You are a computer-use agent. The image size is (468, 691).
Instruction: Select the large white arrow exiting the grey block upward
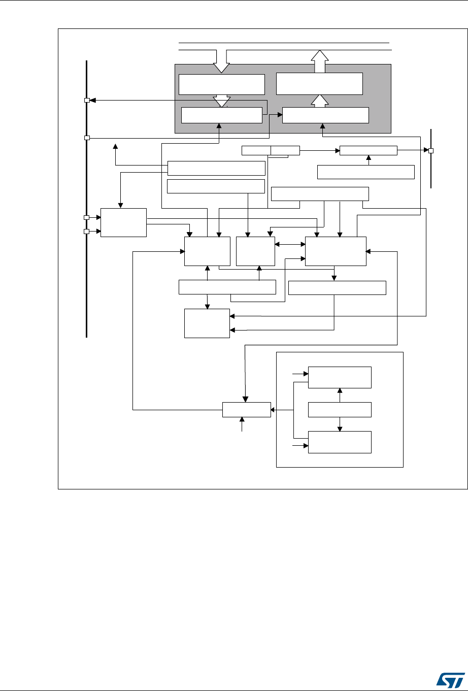(x=320, y=61)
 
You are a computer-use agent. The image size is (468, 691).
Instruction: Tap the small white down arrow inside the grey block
(x=221, y=101)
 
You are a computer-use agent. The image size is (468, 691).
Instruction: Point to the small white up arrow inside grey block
(x=320, y=101)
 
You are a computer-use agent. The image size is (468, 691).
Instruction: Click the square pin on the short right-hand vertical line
(x=431, y=150)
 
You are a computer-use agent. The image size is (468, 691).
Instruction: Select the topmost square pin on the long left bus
(x=87, y=101)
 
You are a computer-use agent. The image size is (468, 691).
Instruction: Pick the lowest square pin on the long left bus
(x=87, y=232)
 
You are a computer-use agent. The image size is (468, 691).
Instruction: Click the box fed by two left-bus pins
(x=123, y=222)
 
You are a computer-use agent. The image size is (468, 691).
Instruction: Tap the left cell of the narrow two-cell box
(x=256, y=150)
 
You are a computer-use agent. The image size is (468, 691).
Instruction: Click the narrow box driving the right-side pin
(x=368, y=150)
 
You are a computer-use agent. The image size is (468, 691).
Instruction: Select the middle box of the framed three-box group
(x=340, y=409)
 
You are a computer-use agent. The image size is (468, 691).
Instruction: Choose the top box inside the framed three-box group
(x=340, y=377)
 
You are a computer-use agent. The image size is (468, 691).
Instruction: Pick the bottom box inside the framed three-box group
(x=340, y=442)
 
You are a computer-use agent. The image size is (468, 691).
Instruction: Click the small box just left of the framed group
(x=246, y=409)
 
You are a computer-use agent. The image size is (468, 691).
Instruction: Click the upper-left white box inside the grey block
(x=222, y=84)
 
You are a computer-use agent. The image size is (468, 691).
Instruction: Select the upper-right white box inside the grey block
(x=319, y=84)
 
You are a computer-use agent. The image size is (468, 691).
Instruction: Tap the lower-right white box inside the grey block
(x=325, y=115)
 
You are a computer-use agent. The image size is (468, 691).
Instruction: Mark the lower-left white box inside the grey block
(x=221, y=115)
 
